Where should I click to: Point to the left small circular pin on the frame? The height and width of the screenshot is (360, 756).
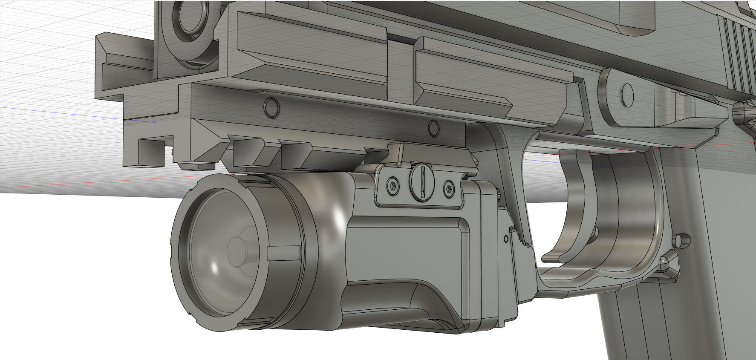pos(271,108)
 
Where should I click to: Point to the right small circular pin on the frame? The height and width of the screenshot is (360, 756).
pos(434,127)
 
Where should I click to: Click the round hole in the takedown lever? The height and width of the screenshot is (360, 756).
pos(627,94)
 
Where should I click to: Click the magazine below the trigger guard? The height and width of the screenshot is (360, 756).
pos(665,324)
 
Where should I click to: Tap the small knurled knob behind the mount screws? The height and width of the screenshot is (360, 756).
pos(497,193)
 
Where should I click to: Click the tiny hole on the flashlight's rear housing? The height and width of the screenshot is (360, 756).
pos(506,239)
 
